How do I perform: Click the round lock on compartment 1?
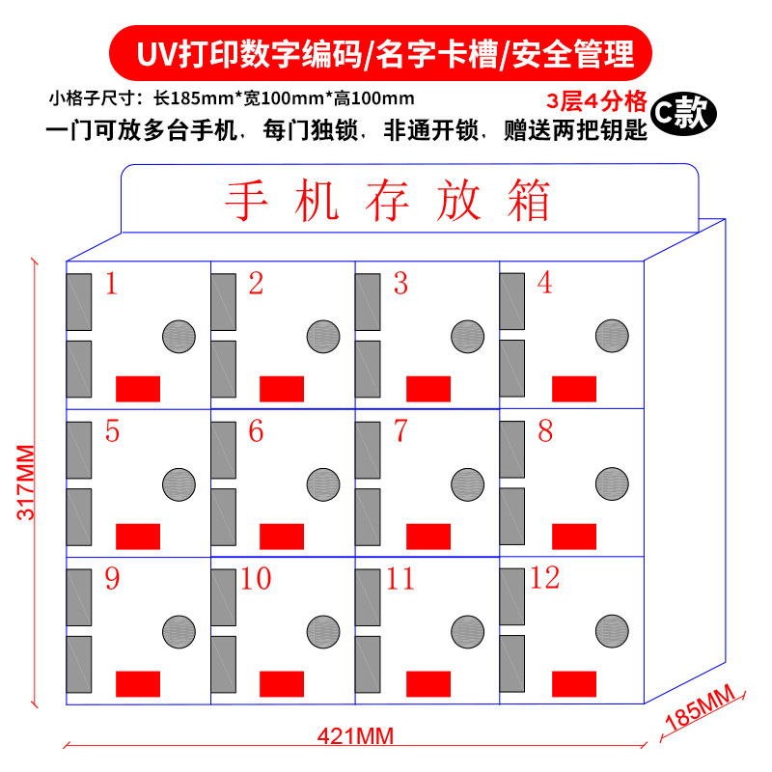click(x=179, y=336)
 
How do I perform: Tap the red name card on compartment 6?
click(x=282, y=537)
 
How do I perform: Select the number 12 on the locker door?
click(x=544, y=578)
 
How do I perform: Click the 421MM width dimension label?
click(x=355, y=736)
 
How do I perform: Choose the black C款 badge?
click(x=682, y=114)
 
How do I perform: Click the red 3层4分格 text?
click(x=594, y=100)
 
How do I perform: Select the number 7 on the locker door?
click(x=400, y=431)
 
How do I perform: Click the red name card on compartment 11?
click(x=428, y=684)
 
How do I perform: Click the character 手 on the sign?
click(x=245, y=202)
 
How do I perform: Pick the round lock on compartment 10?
click(x=323, y=631)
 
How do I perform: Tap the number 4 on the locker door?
click(x=544, y=283)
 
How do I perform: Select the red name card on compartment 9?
click(x=138, y=684)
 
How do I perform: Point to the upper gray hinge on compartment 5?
click(x=78, y=450)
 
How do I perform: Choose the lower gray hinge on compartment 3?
click(x=367, y=369)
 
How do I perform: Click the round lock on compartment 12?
click(x=612, y=630)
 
